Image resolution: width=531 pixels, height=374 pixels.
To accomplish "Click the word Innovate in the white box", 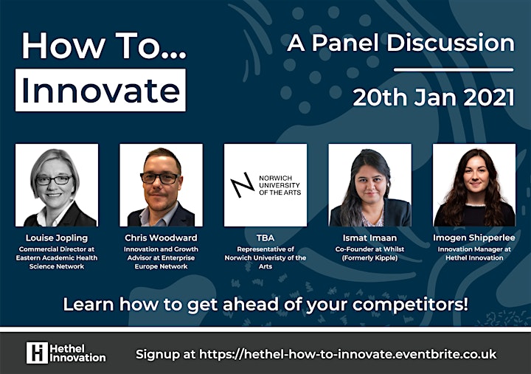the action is click(100, 91).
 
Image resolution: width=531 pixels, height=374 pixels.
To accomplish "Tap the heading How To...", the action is click(104, 46).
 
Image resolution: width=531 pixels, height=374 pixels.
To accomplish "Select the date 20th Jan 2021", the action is click(434, 97).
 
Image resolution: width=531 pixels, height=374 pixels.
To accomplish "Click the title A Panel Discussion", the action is click(400, 43).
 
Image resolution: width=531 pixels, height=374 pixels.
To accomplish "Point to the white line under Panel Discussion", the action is click(454, 70).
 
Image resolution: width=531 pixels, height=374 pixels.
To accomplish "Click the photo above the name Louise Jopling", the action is click(57, 185).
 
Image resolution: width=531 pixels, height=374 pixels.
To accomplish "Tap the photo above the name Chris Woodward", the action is click(162, 185).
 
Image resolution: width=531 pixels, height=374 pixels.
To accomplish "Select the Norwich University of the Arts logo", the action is click(265, 185).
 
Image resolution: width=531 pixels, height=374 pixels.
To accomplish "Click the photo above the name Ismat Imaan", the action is click(369, 185).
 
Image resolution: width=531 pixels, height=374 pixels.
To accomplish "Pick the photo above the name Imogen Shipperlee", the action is click(474, 185).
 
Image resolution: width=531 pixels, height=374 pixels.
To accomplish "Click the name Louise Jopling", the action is click(57, 238).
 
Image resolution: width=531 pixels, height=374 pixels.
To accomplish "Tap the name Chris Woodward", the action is click(161, 238).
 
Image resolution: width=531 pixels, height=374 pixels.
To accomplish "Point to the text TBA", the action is click(265, 238).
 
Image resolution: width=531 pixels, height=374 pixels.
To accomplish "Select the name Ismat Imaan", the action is click(369, 238).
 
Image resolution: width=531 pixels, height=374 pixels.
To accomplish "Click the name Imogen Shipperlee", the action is click(474, 238).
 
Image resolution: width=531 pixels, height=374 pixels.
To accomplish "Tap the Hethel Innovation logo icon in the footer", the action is click(37, 353).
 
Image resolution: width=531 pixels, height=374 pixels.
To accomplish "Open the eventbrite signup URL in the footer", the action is click(348, 354).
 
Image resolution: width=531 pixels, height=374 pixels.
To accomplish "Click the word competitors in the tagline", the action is click(410, 305).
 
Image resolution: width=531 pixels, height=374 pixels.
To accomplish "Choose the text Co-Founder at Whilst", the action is click(369, 249).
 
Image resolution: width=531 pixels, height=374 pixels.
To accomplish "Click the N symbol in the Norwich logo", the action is click(243, 185).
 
